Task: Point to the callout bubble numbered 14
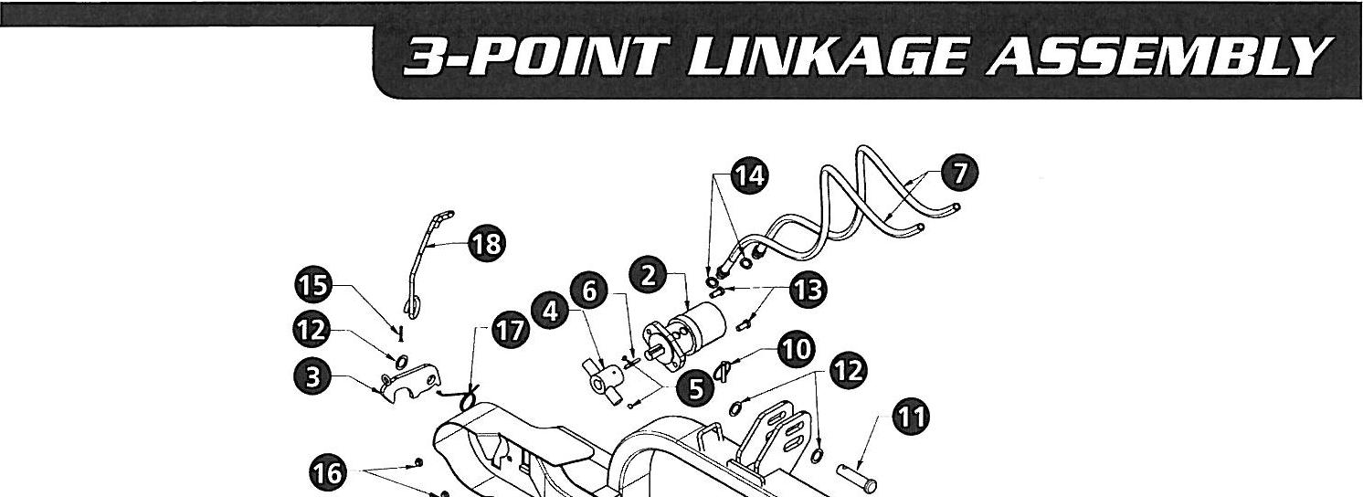tap(749, 176)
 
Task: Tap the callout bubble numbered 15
tap(312, 286)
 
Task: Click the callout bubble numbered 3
tap(312, 377)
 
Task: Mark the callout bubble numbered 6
tap(589, 291)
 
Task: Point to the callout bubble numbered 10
tap(795, 348)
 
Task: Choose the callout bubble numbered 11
tap(909, 418)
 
